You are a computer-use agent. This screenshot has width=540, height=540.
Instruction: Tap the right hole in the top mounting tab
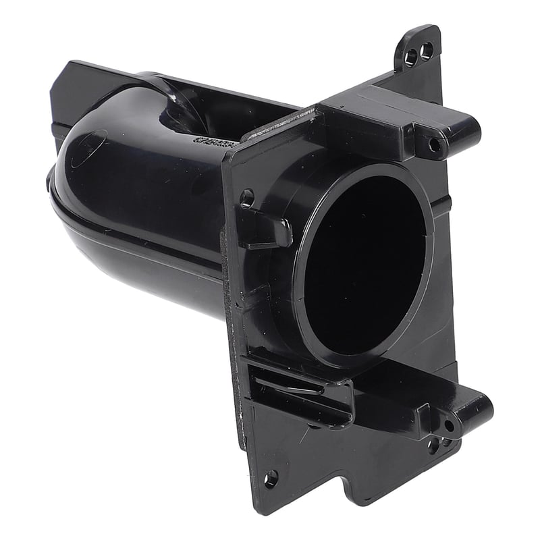(427, 49)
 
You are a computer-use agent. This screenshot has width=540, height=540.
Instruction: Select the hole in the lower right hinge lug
(449, 426)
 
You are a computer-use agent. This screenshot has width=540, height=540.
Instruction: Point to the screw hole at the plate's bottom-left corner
(270, 480)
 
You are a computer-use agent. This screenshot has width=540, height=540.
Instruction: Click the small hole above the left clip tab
(247, 198)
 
